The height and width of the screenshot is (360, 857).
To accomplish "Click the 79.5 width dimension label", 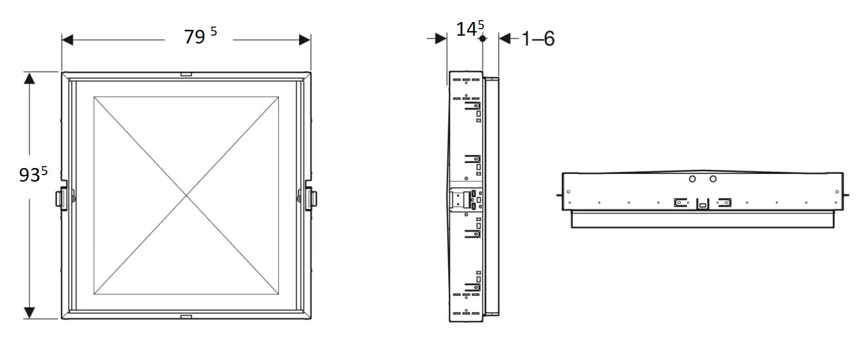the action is coord(200,36).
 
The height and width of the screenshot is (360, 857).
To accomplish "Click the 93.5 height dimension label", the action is coord(33,174).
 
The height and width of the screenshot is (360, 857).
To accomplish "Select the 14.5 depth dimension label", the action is coord(470,29).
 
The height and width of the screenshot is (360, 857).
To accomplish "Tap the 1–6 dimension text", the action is coord(538,39).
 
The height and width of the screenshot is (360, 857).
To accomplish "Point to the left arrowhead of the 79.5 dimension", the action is coord(67,40).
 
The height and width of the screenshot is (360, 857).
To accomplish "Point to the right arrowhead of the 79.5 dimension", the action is coord(305,40).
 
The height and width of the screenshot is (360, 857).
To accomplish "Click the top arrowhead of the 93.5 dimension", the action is coord(29,78).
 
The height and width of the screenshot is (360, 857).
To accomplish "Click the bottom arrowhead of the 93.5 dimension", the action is coord(29,313).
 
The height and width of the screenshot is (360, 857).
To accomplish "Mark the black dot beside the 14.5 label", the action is coord(483,38).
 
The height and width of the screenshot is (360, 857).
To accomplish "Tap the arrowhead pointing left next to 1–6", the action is coord(505,38).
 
